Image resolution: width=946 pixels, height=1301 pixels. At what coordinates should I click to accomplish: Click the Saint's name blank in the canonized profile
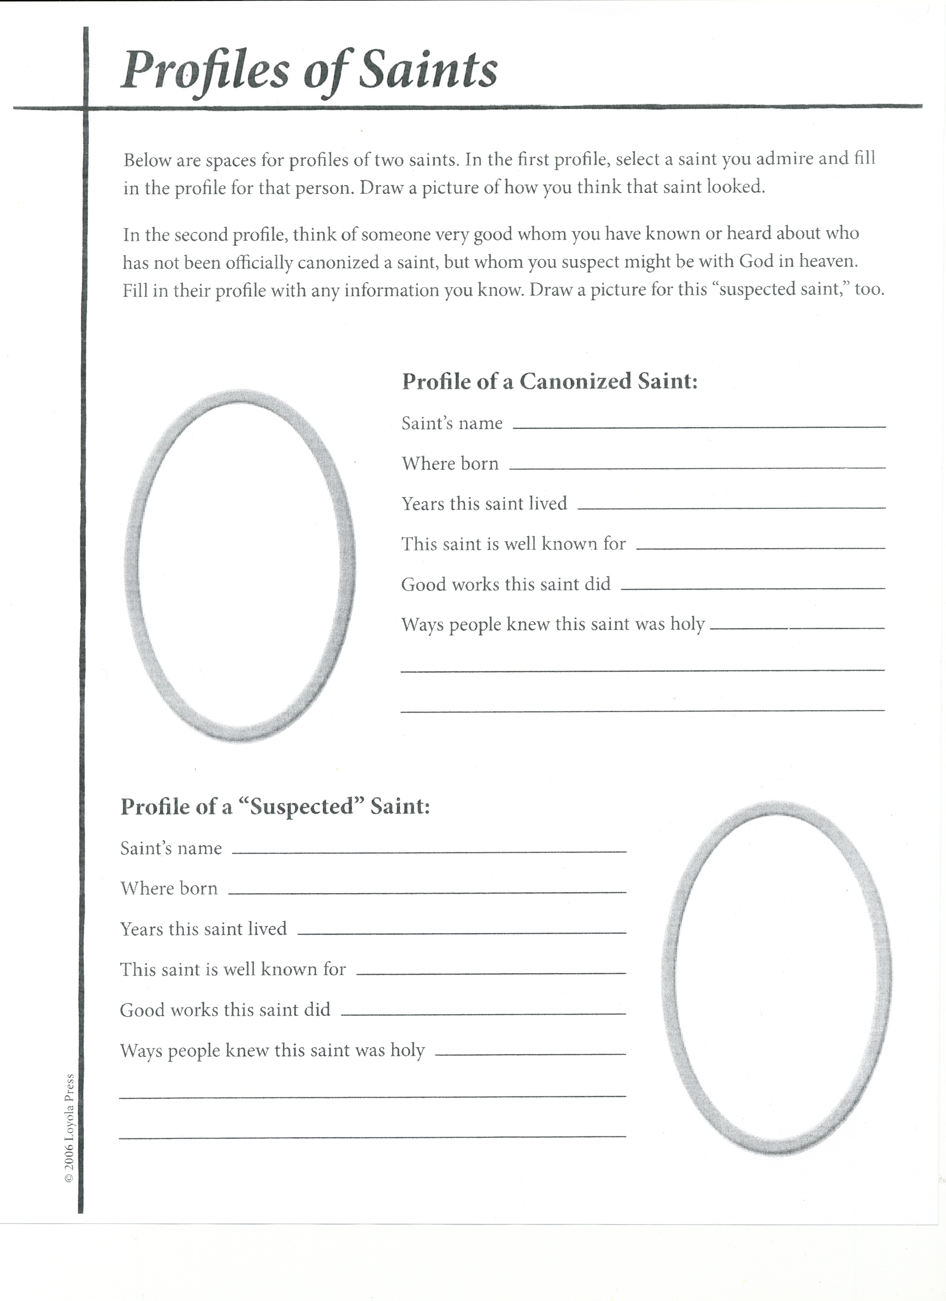(699, 424)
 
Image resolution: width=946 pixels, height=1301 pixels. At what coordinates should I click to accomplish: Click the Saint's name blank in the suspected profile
(429, 849)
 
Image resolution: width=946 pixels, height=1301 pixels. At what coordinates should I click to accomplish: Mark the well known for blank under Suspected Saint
(491, 971)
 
